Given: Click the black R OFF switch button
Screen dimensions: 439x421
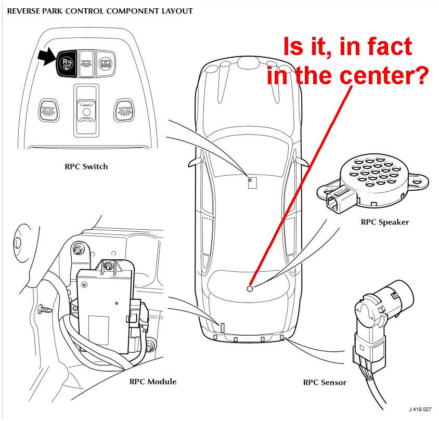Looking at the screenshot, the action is pyautogui.click(x=67, y=63).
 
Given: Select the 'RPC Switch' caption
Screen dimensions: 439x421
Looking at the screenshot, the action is pyautogui.click(x=86, y=166).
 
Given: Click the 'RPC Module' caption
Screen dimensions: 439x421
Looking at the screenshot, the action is pyautogui.click(x=153, y=381).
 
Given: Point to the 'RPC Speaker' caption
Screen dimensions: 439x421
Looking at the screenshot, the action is pyautogui.click(x=385, y=222).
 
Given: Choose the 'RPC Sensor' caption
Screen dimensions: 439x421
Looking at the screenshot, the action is pyautogui.click(x=325, y=383).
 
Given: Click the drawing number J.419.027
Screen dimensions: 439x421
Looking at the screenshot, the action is pyautogui.click(x=420, y=410).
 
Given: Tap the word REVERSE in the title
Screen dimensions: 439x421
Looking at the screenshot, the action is pyautogui.click(x=24, y=11).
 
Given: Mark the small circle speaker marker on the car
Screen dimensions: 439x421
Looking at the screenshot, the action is pyautogui.click(x=250, y=288).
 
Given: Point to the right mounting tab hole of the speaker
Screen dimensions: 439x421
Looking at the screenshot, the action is pyautogui.click(x=417, y=181).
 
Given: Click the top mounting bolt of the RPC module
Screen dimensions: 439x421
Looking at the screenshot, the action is pyautogui.click(x=108, y=265).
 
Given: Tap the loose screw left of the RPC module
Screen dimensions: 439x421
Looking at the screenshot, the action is pyautogui.click(x=45, y=309).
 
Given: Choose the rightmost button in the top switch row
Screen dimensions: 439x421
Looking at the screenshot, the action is pyautogui.click(x=106, y=63).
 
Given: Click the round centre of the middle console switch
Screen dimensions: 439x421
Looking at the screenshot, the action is pyautogui.click(x=86, y=112).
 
